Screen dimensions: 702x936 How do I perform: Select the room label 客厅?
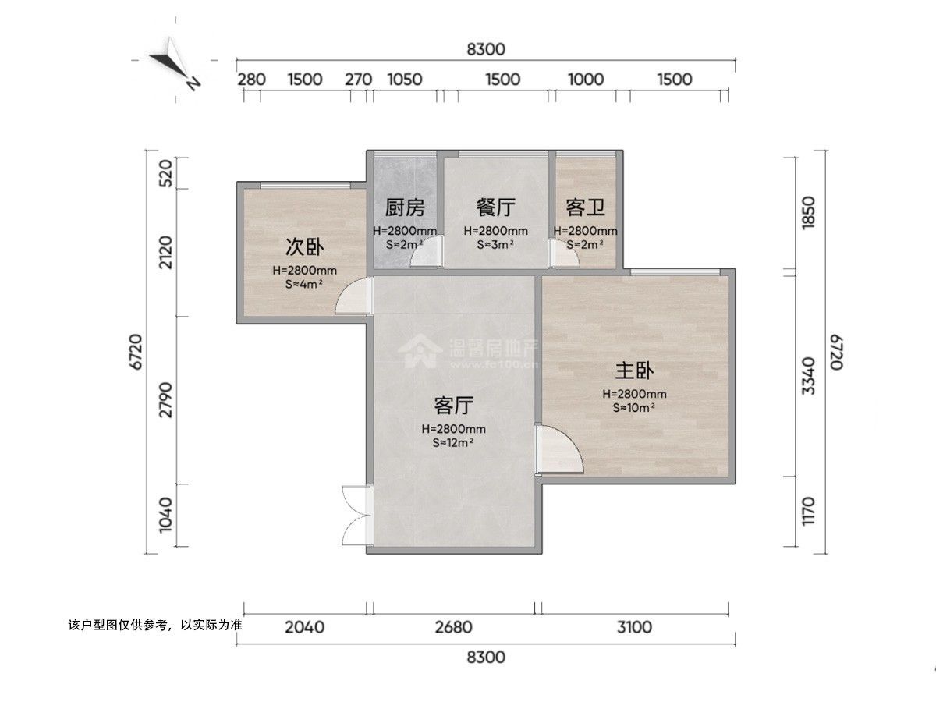coord(454,406)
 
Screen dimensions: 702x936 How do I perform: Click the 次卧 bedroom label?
coord(304,247)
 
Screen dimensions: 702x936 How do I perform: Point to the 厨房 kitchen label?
coord(405,207)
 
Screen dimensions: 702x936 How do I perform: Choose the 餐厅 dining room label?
coord(495,207)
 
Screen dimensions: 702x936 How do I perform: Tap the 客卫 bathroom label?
coord(585,207)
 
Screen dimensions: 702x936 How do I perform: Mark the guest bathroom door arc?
coord(563,254)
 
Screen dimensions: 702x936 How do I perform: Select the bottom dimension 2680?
coord(453,626)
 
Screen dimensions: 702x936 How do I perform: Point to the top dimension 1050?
coord(405,79)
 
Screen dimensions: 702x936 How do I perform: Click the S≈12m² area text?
coord(454,442)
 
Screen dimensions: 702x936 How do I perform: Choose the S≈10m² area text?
coord(633,407)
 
